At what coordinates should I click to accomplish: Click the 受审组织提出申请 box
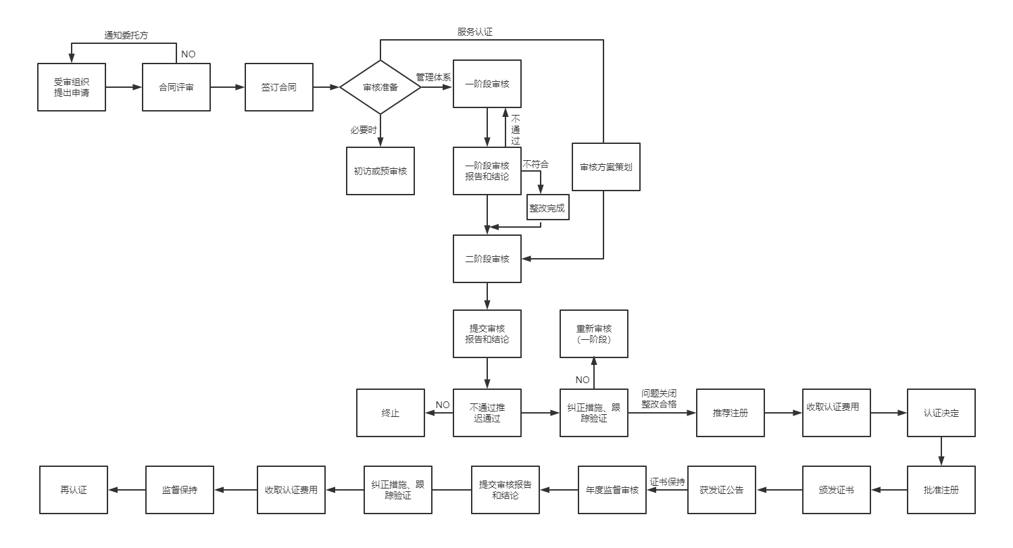click(71, 87)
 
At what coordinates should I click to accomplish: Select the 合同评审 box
click(176, 87)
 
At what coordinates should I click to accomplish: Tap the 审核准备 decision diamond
click(380, 87)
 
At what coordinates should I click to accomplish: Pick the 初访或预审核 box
click(380, 171)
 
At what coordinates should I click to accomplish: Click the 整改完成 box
click(547, 209)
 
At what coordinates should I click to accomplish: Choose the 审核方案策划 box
click(606, 167)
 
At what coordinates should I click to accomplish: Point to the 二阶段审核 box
click(487, 259)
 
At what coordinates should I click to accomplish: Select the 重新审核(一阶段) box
click(594, 334)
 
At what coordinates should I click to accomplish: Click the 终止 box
click(391, 413)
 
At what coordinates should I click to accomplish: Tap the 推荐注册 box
click(730, 413)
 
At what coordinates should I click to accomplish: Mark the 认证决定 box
click(941, 413)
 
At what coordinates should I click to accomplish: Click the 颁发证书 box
click(836, 490)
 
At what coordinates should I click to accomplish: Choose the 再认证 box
click(74, 490)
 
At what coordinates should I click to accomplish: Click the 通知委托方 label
click(126, 36)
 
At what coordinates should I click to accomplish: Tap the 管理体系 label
click(433, 78)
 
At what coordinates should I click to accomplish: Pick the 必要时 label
click(364, 130)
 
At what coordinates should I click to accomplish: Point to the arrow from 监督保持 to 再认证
click(127, 490)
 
